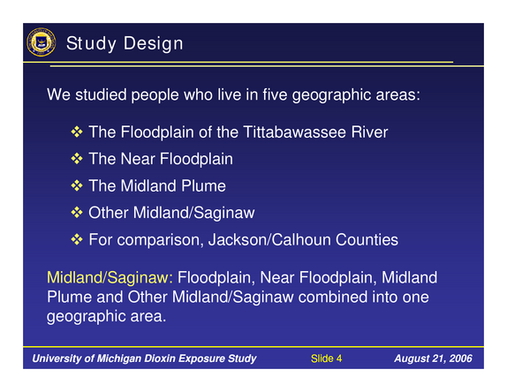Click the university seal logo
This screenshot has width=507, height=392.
click(41, 42)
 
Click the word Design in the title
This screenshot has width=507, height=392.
click(154, 43)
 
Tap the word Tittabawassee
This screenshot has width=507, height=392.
click(294, 132)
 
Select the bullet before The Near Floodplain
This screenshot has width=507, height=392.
click(77, 159)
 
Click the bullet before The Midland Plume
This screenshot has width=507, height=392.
click(77, 185)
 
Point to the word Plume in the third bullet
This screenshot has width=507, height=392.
click(203, 185)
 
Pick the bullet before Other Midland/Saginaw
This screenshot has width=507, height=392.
click(77, 212)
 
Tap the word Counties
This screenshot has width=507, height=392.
click(367, 240)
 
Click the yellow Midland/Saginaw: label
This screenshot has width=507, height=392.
click(110, 277)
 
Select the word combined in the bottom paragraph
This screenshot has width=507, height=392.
click(333, 297)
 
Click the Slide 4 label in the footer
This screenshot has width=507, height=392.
click(326, 358)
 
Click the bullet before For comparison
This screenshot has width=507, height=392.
click(77, 239)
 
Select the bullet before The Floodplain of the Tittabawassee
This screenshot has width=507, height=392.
click(77, 132)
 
